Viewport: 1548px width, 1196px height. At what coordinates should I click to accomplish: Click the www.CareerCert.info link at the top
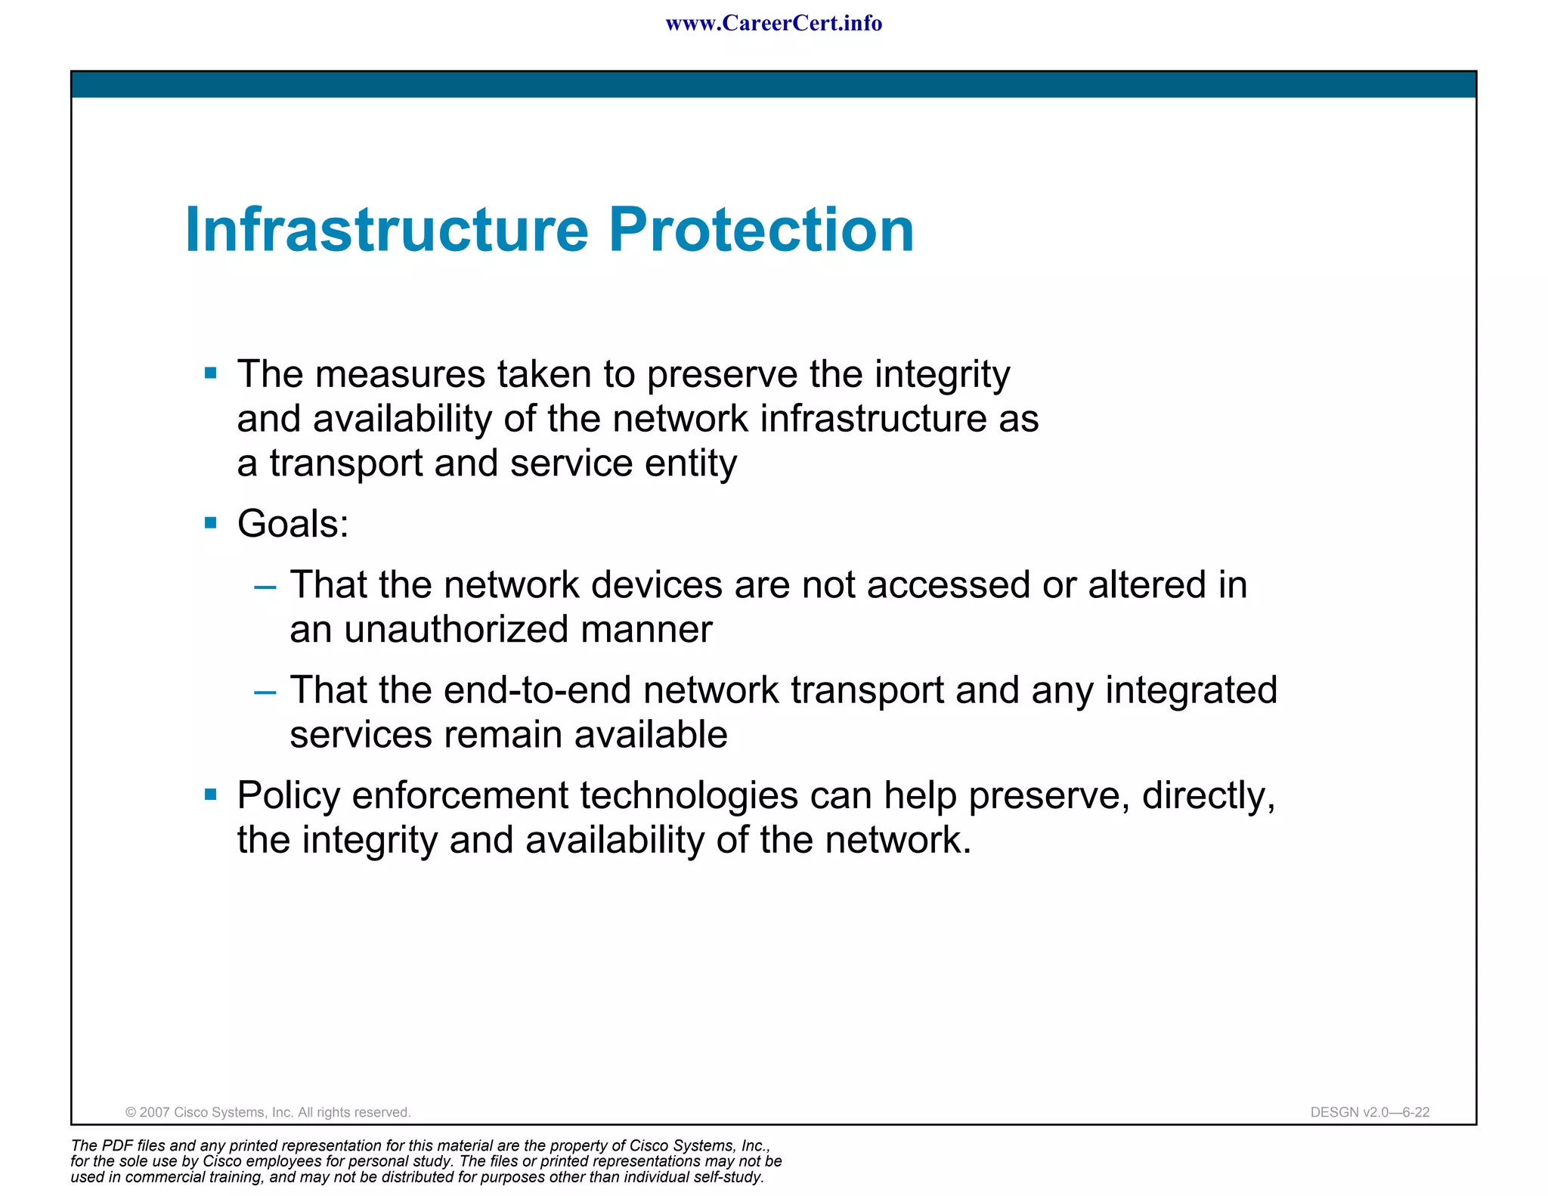tap(773, 23)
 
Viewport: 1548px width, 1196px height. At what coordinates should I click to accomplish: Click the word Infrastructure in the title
tap(386, 229)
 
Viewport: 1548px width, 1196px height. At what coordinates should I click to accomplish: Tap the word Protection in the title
tap(761, 229)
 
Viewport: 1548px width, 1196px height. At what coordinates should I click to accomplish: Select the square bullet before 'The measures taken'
tap(211, 373)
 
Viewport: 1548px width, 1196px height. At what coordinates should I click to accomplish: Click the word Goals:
tap(293, 523)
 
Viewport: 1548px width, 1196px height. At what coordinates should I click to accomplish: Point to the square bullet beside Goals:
tap(211, 522)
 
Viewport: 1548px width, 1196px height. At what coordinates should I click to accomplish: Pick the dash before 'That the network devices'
tap(265, 586)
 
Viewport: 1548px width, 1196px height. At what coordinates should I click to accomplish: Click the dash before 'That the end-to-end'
tap(265, 691)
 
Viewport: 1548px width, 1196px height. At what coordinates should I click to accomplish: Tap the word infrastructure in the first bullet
tap(873, 418)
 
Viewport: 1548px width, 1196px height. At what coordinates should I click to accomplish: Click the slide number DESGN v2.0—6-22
tap(1370, 1112)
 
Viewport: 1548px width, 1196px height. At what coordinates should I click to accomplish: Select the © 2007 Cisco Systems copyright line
tap(268, 1112)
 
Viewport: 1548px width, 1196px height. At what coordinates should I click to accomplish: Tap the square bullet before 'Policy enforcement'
tap(211, 794)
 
